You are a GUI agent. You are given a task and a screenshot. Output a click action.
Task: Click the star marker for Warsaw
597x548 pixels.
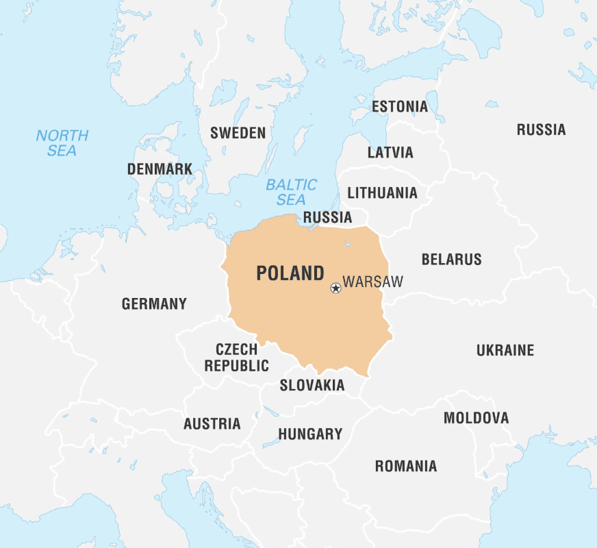click(x=335, y=288)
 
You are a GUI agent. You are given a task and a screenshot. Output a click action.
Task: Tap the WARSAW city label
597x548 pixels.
click(x=372, y=282)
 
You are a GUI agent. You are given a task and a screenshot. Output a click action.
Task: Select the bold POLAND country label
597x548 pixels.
click(x=290, y=273)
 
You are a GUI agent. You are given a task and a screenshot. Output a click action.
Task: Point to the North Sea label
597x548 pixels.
click(x=62, y=143)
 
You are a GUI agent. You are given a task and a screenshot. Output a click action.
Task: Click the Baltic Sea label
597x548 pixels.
click(x=292, y=192)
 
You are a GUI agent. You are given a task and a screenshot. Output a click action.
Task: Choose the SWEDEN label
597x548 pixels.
click(x=238, y=133)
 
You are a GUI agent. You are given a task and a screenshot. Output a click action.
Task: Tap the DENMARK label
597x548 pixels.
click(x=160, y=169)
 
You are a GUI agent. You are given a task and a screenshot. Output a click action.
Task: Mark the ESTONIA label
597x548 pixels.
click(x=399, y=107)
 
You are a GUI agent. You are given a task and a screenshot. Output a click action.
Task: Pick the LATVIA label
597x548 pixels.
click(x=390, y=152)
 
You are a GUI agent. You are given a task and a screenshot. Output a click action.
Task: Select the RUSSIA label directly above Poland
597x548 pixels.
click(x=327, y=218)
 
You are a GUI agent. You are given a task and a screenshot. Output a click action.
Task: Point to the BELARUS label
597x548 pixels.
click(x=451, y=260)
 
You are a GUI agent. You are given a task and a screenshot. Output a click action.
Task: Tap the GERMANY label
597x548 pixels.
click(x=154, y=303)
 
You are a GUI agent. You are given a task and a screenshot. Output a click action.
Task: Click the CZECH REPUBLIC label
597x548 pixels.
click(x=237, y=358)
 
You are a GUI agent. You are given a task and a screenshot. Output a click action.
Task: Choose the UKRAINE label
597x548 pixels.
click(x=505, y=350)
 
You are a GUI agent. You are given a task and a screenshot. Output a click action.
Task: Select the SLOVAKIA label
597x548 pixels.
click(x=312, y=386)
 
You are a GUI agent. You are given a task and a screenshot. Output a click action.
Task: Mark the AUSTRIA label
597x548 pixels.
click(x=212, y=424)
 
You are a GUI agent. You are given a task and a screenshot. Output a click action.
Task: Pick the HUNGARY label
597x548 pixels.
click(x=310, y=434)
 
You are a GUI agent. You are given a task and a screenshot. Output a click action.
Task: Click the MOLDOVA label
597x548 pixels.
click(x=476, y=418)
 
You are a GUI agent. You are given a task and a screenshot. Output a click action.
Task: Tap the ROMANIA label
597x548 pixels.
click(x=405, y=466)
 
